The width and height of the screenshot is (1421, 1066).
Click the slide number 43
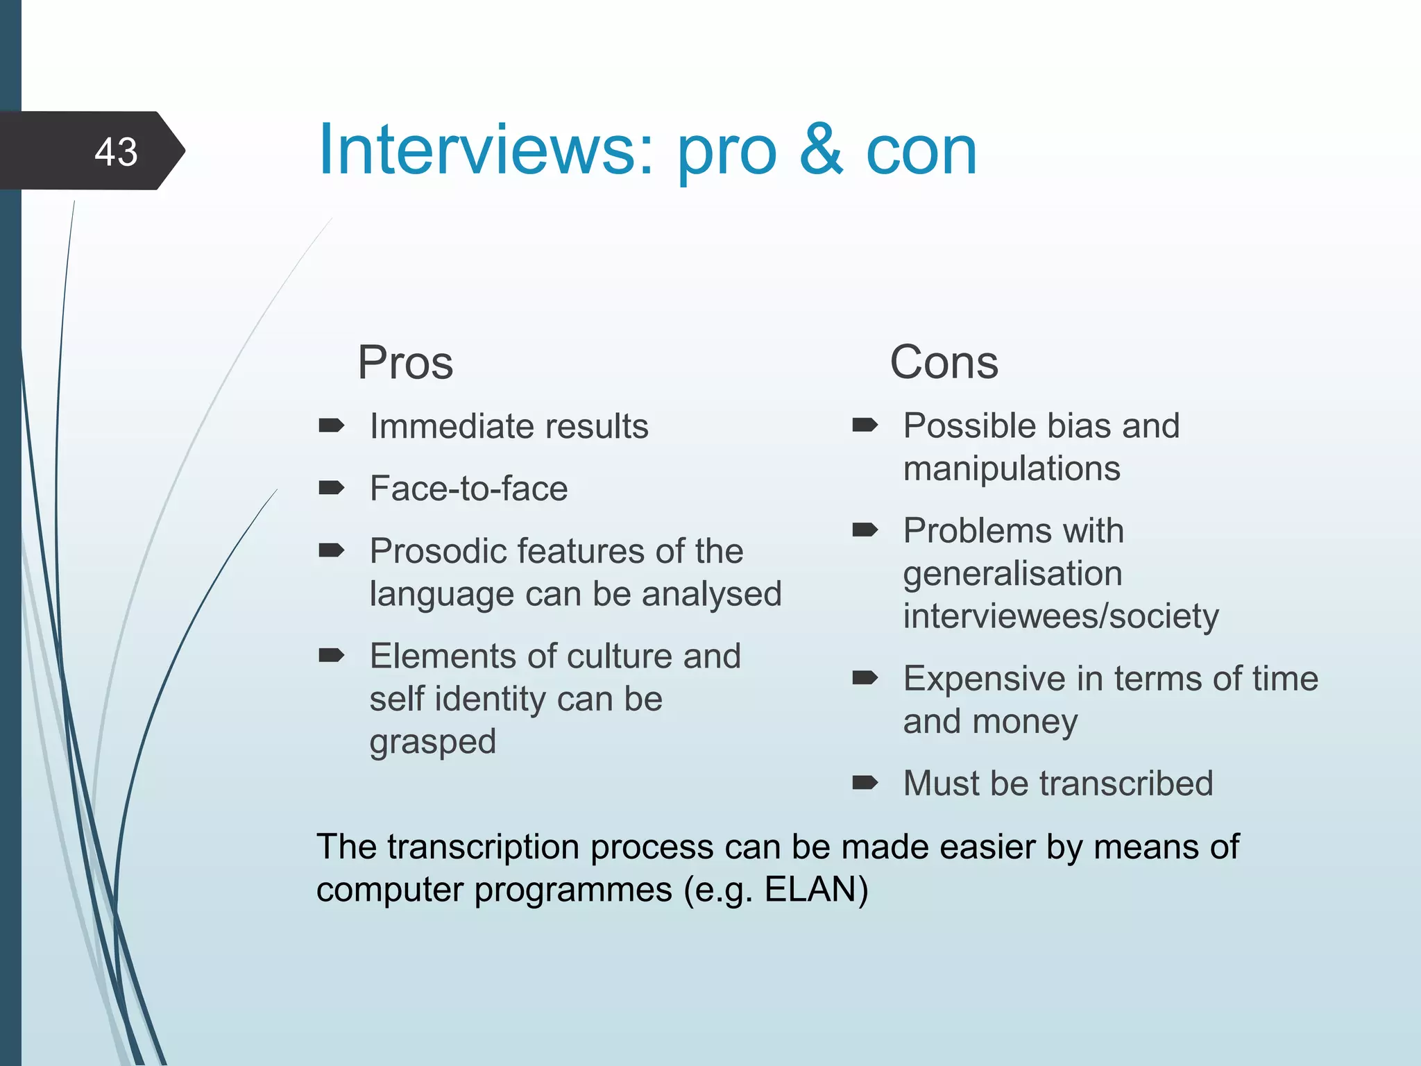(116, 151)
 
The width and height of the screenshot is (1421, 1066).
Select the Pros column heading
(405, 362)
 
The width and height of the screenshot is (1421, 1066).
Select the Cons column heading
(944, 362)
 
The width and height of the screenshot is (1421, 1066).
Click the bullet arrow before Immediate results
(331, 425)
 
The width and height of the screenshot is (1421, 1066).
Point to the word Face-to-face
(468, 488)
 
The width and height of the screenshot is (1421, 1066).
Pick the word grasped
(432, 742)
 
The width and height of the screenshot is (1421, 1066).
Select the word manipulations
(1012, 468)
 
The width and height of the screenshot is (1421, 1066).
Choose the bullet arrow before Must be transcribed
(865, 784)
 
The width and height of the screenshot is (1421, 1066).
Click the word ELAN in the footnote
(810, 889)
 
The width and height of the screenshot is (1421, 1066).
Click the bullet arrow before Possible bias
(865, 425)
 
